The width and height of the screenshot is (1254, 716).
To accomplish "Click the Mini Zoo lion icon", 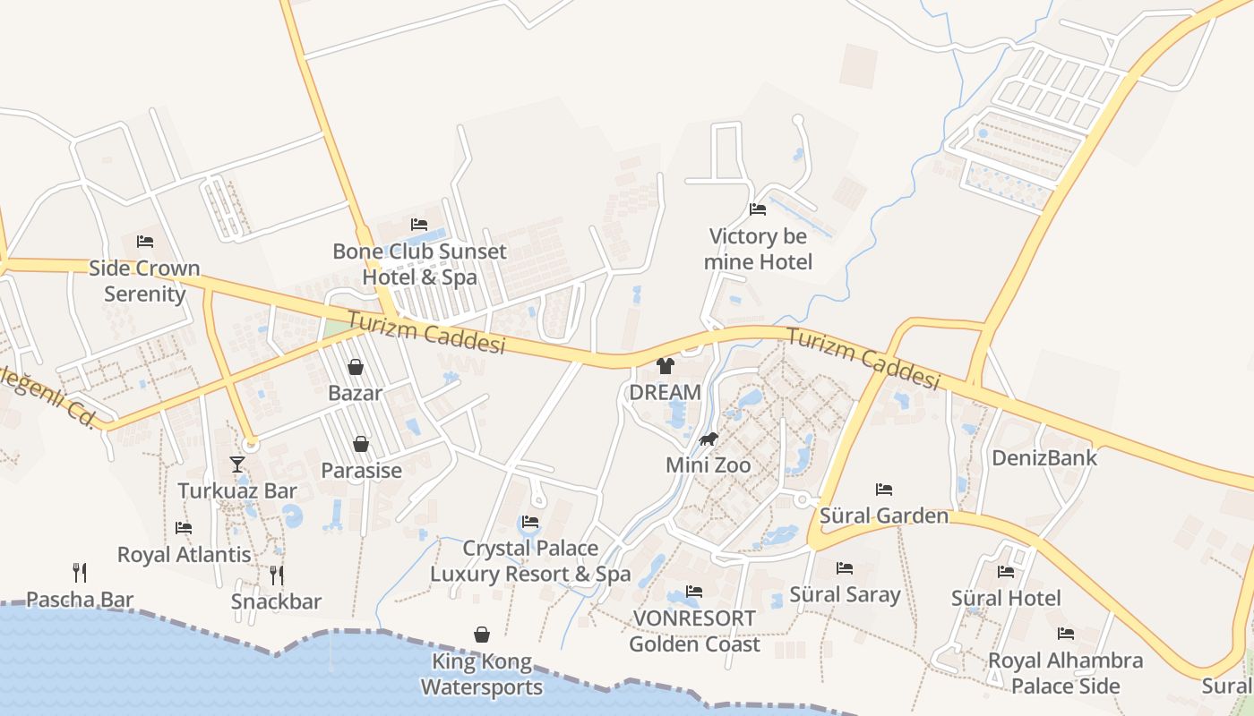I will (709, 439).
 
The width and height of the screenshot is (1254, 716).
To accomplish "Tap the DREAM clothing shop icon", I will (665, 365).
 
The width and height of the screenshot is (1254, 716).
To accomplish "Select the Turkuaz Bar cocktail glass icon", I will (237, 464).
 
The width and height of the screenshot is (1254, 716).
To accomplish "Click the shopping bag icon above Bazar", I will (356, 367).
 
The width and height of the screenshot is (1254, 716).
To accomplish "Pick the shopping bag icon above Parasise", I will (361, 444).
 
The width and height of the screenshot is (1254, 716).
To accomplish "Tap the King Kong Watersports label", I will (482, 675).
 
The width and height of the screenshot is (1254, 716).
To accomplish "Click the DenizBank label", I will (1044, 458).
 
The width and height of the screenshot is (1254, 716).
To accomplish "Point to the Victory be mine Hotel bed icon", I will (758, 209).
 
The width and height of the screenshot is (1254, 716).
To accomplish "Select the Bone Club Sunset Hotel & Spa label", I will (419, 264).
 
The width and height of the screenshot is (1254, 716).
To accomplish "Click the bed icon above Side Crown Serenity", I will (145, 242).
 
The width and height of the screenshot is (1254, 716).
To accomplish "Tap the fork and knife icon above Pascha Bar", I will (80, 572).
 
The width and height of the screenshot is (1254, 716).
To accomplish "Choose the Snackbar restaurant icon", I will (277, 575).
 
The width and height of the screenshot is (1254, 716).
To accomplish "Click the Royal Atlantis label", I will (185, 555).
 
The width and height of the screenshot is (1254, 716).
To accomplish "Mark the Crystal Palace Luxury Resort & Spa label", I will (530, 560).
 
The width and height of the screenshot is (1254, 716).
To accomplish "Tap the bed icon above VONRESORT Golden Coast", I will (693, 592).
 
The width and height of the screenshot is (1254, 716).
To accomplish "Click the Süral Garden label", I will (884, 516).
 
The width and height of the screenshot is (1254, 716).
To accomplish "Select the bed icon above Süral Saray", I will (845, 568).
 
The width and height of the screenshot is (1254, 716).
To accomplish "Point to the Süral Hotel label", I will (1006, 598).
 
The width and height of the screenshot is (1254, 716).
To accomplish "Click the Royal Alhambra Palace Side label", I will (1065, 673).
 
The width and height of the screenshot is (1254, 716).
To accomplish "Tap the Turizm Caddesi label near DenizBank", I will (863, 358).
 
